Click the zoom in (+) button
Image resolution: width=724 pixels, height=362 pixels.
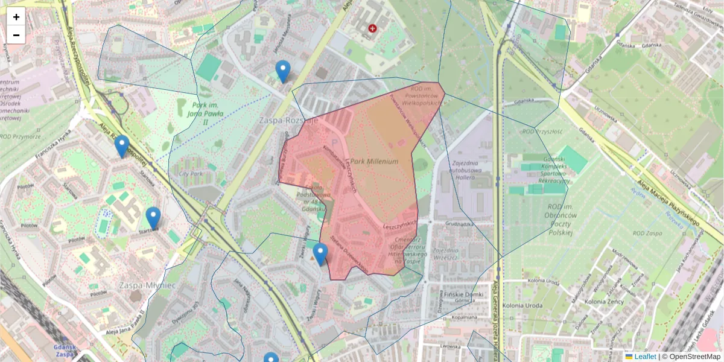pyautogui.click(x=16, y=17)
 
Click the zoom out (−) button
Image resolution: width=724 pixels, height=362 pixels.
pyautogui.click(x=16, y=35)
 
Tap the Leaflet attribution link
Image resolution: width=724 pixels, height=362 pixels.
pyautogui.click(x=645, y=357)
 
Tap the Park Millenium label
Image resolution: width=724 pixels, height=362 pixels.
pyautogui.click(x=374, y=162)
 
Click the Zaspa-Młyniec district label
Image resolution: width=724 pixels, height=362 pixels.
pyautogui.click(x=147, y=285)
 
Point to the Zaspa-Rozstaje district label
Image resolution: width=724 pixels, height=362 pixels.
pyautogui.click(x=288, y=120)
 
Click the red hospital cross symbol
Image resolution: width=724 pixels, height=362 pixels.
pyautogui.click(x=372, y=28)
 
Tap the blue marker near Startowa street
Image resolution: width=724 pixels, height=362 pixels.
pyautogui.click(x=153, y=218)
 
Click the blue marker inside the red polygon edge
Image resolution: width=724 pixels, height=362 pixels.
pyautogui.click(x=320, y=254)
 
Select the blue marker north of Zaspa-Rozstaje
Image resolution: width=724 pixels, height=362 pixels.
pyautogui.click(x=282, y=71)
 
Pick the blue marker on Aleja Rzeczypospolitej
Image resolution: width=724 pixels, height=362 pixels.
pyautogui.click(x=122, y=146)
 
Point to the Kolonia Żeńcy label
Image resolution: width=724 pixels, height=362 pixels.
pyautogui.click(x=603, y=302)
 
